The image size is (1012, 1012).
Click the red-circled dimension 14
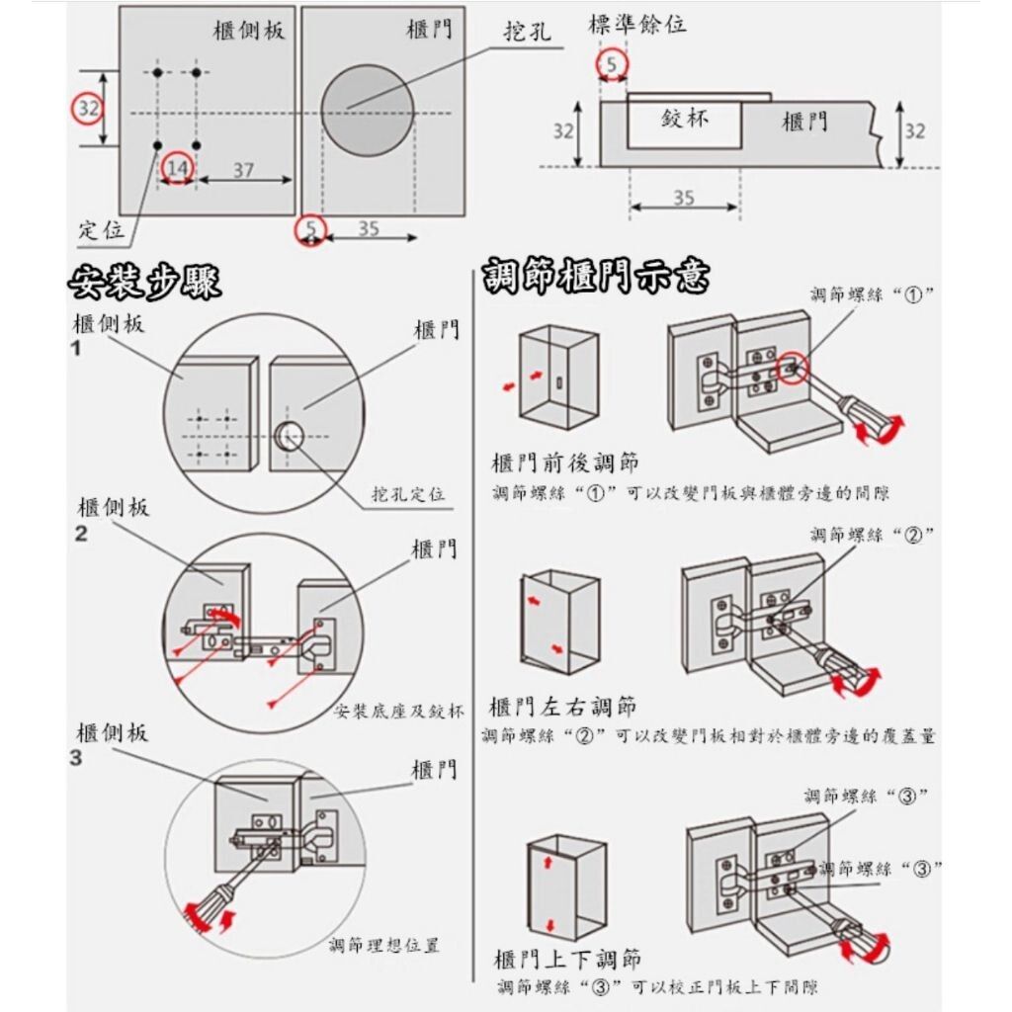pyautogui.click(x=177, y=168)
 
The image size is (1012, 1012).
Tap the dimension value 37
pyautogui.click(x=243, y=170)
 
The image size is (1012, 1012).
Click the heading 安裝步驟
pyautogui.click(x=144, y=283)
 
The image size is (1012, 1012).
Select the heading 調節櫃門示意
pyautogui.click(x=596, y=278)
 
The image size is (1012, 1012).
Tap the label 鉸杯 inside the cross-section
pyautogui.click(x=685, y=121)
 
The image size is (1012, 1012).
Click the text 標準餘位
pyautogui.click(x=637, y=25)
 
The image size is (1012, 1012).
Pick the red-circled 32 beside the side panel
pyautogui.click(x=89, y=108)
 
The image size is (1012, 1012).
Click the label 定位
pyautogui.click(x=102, y=230)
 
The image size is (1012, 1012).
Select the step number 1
pyautogui.click(x=77, y=349)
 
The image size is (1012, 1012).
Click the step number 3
pyautogui.click(x=77, y=759)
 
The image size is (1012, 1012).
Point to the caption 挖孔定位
pyautogui.click(x=408, y=493)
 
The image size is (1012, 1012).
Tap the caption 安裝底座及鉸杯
pyautogui.click(x=399, y=712)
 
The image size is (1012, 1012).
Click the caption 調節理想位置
pyautogui.click(x=384, y=946)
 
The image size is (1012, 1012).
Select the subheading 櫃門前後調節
pyautogui.click(x=564, y=463)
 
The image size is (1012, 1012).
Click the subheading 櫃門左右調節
pyautogui.click(x=563, y=707)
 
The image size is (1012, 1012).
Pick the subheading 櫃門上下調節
pyautogui.click(x=567, y=960)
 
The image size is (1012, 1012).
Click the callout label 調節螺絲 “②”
pyautogui.click(x=873, y=535)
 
